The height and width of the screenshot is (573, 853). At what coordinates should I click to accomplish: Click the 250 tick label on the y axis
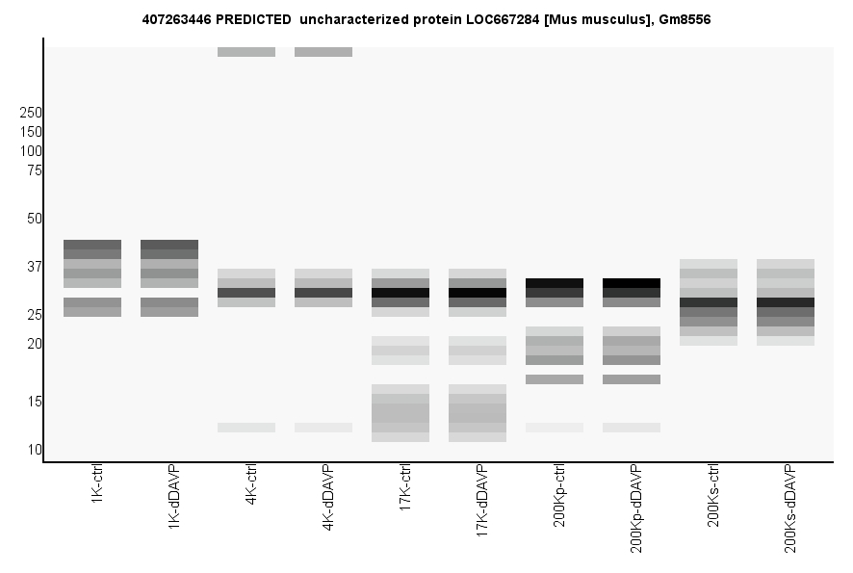click(x=31, y=113)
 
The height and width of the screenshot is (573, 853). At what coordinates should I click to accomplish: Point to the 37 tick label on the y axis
click(x=34, y=267)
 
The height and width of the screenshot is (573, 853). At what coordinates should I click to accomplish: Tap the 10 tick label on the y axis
click(x=34, y=450)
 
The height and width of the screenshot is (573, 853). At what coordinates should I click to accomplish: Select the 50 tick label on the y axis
click(x=34, y=219)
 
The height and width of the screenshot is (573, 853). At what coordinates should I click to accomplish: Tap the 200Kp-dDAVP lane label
click(x=636, y=508)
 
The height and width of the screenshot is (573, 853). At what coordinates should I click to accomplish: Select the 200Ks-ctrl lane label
click(x=713, y=497)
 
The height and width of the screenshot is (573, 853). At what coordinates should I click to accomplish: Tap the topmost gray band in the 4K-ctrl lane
click(x=246, y=52)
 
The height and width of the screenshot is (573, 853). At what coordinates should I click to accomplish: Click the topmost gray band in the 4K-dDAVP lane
click(x=323, y=52)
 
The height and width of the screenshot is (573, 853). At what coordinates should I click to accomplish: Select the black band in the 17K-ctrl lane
click(x=401, y=293)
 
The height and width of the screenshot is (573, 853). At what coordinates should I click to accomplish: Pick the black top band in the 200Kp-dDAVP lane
click(x=632, y=283)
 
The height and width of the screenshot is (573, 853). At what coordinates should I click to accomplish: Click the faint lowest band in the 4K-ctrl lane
click(x=246, y=428)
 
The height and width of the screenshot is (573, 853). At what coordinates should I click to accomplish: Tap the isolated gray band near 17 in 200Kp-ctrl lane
click(x=555, y=379)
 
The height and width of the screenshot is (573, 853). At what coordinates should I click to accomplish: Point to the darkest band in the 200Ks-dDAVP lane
click(x=786, y=302)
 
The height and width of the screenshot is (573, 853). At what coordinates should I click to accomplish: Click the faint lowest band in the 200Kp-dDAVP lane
click(x=632, y=428)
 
